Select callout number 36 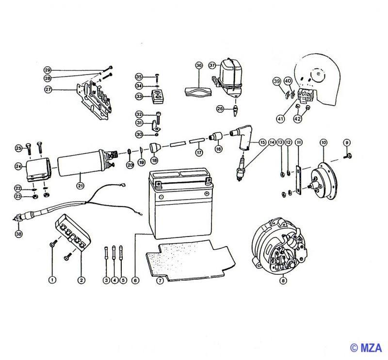(199, 65)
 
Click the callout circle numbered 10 (323, 142)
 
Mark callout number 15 (262, 142)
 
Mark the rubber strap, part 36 (198, 91)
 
